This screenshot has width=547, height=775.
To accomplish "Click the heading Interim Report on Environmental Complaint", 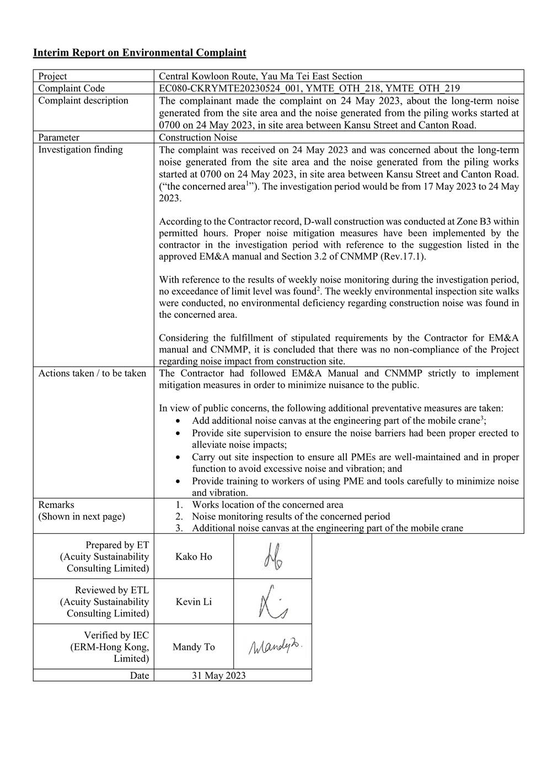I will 140,53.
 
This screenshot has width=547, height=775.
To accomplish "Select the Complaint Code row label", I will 71,88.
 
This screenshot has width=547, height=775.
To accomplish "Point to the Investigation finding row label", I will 81,150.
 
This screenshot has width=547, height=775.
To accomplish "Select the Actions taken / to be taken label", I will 92,374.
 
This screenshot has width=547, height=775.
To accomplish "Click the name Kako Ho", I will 194,557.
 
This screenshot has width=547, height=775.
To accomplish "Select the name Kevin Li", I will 194,602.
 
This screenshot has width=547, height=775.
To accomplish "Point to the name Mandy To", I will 194,647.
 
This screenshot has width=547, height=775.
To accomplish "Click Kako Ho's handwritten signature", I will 273,556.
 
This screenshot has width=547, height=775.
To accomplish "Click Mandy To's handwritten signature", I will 276,647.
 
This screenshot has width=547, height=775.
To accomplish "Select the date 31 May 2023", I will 219,676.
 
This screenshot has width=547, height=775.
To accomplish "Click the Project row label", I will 52,77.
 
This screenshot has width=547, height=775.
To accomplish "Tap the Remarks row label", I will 56,505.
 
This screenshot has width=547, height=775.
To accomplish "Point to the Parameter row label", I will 58,137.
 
